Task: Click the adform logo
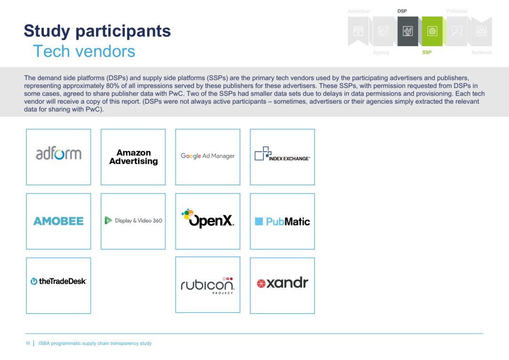pyautogui.click(x=58, y=154)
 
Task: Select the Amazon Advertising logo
pyautogui.click(x=133, y=157)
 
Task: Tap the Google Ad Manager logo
pyautogui.click(x=208, y=156)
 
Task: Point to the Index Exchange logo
pyautogui.click(x=282, y=154)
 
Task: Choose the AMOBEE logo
pyautogui.click(x=58, y=221)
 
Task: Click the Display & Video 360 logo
pyautogui.click(x=133, y=221)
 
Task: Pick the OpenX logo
pyautogui.click(x=208, y=218)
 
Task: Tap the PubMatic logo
pyautogui.click(x=282, y=221)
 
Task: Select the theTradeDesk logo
pyautogui.click(x=58, y=281)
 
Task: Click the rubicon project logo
pyautogui.click(x=208, y=286)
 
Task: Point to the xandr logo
pyautogui.click(x=282, y=283)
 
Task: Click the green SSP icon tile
pyautogui.click(x=432, y=31)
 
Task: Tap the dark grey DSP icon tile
pyautogui.click(x=408, y=31)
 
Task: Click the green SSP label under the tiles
pyautogui.click(x=427, y=52)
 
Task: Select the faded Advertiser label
pyautogui.click(x=359, y=11)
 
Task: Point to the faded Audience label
pyautogui.click(x=481, y=52)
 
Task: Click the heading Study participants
pyautogui.click(x=98, y=31)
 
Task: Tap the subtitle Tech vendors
pyautogui.click(x=84, y=51)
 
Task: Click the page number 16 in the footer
pyautogui.click(x=28, y=343)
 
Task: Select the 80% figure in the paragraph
pyautogui.click(x=113, y=86)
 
